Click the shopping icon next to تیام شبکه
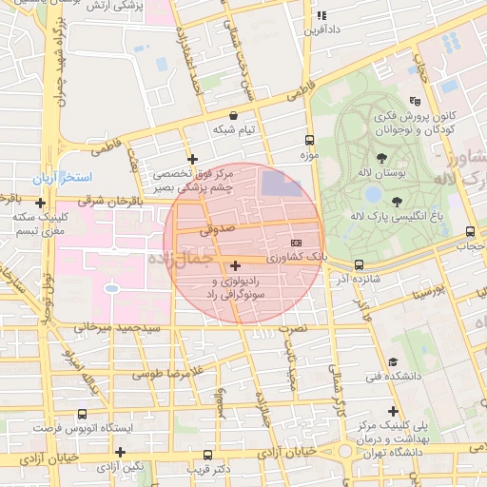click(x=234, y=114)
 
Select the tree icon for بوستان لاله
click(x=381, y=158)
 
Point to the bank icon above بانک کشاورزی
click(x=295, y=243)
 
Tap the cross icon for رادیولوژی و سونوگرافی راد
click(x=235, y=266)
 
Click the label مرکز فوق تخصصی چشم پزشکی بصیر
click(x=193, y=182)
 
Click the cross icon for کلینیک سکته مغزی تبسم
click(x=40, y=203)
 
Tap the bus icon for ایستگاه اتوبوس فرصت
click(x=82, y=414)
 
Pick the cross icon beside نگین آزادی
click(x=120, y=452)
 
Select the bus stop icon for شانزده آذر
click(x=359, y=264)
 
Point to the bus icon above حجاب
click(x=470, y=232)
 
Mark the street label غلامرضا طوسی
click(x=162, y=372)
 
